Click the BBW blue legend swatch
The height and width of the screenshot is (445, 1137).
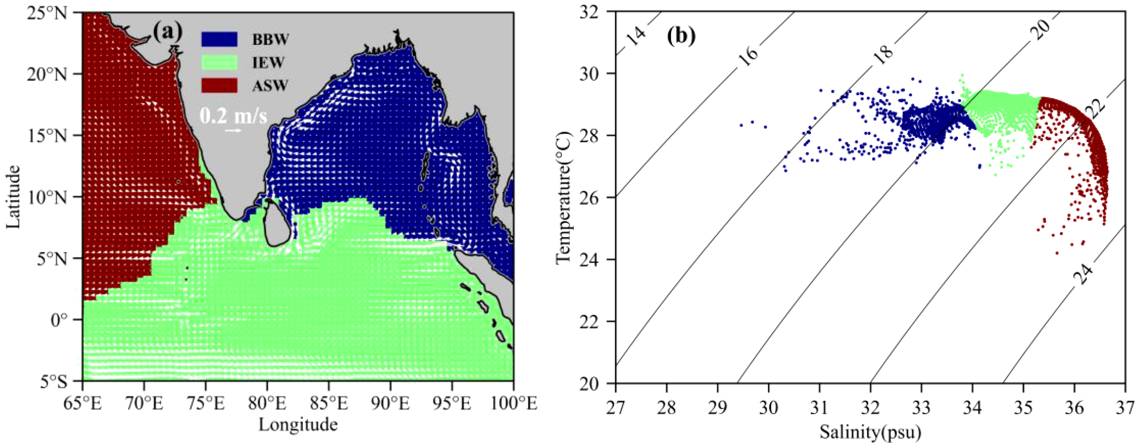coord(219,39)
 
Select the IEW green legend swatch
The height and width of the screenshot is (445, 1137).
coord(219,62)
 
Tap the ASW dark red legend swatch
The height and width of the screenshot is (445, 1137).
coord(219,86)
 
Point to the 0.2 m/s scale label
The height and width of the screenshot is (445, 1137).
coord(233,116)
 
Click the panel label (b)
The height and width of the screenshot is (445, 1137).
coord(681,35)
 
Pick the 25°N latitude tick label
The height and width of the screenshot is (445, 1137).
coord(47,13)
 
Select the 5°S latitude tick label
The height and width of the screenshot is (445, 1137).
coord(53,382)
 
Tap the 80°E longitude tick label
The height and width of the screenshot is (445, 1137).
coord(267,404)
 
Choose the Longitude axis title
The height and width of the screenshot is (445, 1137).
coord(298,425)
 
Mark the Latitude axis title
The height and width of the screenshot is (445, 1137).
coord(14,197)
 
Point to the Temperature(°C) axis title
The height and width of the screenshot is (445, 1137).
coord(564,197)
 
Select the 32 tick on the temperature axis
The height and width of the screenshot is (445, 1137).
coord(590,12)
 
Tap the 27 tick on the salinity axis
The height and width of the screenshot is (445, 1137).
coord(615,408)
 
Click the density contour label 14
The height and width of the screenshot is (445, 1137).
coord(636,36)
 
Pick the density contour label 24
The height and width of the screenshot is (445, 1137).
coord(1083,274)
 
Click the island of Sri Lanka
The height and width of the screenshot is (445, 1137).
coord(277,223)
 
